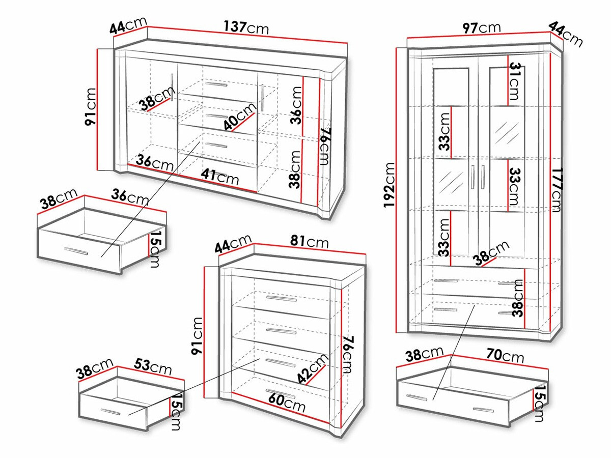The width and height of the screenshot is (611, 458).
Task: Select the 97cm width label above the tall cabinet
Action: point(481,27)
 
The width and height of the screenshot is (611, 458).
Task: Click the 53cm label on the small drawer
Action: point(153,366)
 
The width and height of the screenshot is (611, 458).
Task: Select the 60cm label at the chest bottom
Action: point(287,403)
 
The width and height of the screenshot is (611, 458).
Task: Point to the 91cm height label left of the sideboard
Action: point(91,107)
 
